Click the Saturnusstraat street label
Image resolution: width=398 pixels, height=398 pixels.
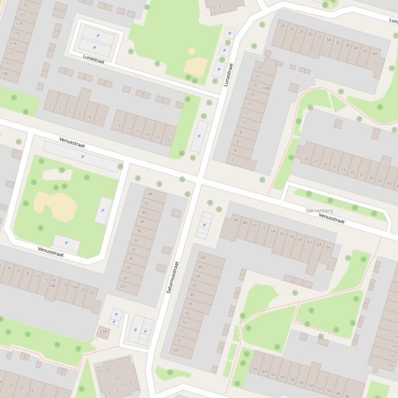tap(173, 278)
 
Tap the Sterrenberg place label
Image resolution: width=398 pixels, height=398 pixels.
tap(319, 211)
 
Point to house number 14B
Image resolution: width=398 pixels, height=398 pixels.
tap(52, 285)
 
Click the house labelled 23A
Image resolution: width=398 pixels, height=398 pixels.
tap(103, 331)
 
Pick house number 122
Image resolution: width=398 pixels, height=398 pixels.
tap(24, 4)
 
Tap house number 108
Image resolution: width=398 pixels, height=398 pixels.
tap(4, 74)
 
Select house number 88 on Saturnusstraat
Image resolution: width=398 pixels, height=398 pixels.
tap(203, 257)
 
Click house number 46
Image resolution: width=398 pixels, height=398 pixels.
tap(236, 220)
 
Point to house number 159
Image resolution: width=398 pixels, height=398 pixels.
tap(393, 347)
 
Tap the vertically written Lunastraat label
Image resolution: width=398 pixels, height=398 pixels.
tap(227, 75)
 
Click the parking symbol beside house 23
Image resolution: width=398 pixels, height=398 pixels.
tap(199, 136)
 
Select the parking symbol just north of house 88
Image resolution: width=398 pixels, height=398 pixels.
tap(205, 225)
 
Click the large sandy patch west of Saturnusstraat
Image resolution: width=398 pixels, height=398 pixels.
tap(56, 206)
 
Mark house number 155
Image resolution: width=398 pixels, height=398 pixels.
tap(390, 365)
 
